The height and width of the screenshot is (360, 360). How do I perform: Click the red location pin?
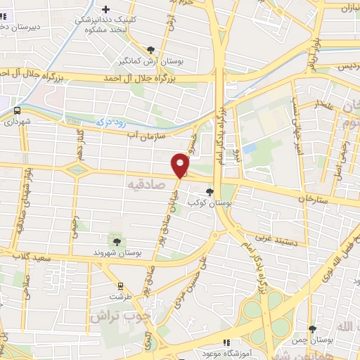[181, 166]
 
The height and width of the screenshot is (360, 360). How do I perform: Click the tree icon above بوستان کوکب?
[210, 191]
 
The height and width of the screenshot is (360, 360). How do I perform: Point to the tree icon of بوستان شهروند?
[117, 241]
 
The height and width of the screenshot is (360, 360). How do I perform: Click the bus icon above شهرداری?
[17, 110]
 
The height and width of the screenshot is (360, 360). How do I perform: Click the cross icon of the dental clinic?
[106, 9]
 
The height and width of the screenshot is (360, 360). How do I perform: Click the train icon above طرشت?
[120, 286]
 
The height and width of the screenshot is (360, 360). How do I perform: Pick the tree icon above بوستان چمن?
[311, 328]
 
